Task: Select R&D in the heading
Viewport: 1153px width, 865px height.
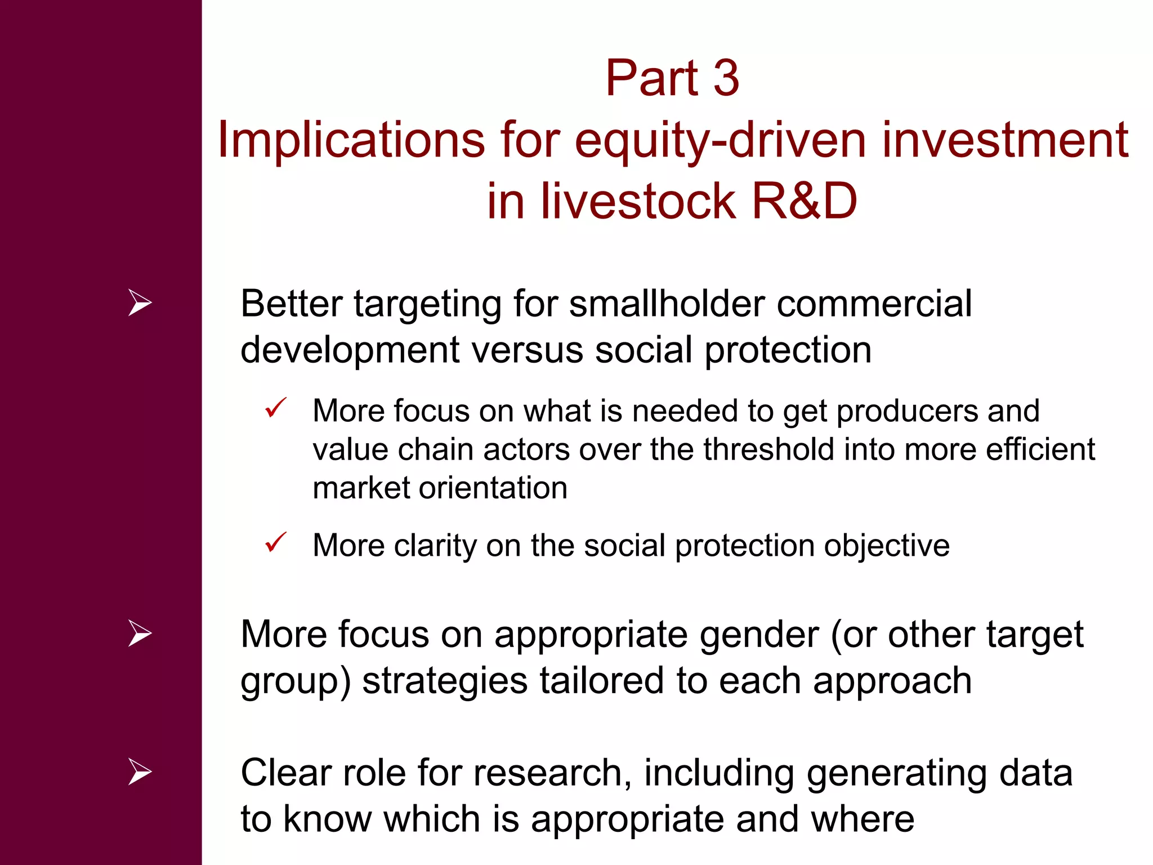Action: click(804, 201)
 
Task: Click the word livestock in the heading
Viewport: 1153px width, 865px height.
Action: click(638, 201)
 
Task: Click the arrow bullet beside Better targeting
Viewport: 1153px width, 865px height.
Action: click(140, 302)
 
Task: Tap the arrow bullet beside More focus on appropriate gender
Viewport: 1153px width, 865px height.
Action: click(140, 633)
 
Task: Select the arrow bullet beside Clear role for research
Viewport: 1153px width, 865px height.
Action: click(140, 772)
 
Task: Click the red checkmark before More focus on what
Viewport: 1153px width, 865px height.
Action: click(276, 408)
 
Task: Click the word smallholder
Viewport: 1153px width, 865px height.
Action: click(667, 304)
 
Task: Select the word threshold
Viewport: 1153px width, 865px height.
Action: click(768, 449)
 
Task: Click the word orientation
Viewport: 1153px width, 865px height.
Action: click(496, 488)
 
